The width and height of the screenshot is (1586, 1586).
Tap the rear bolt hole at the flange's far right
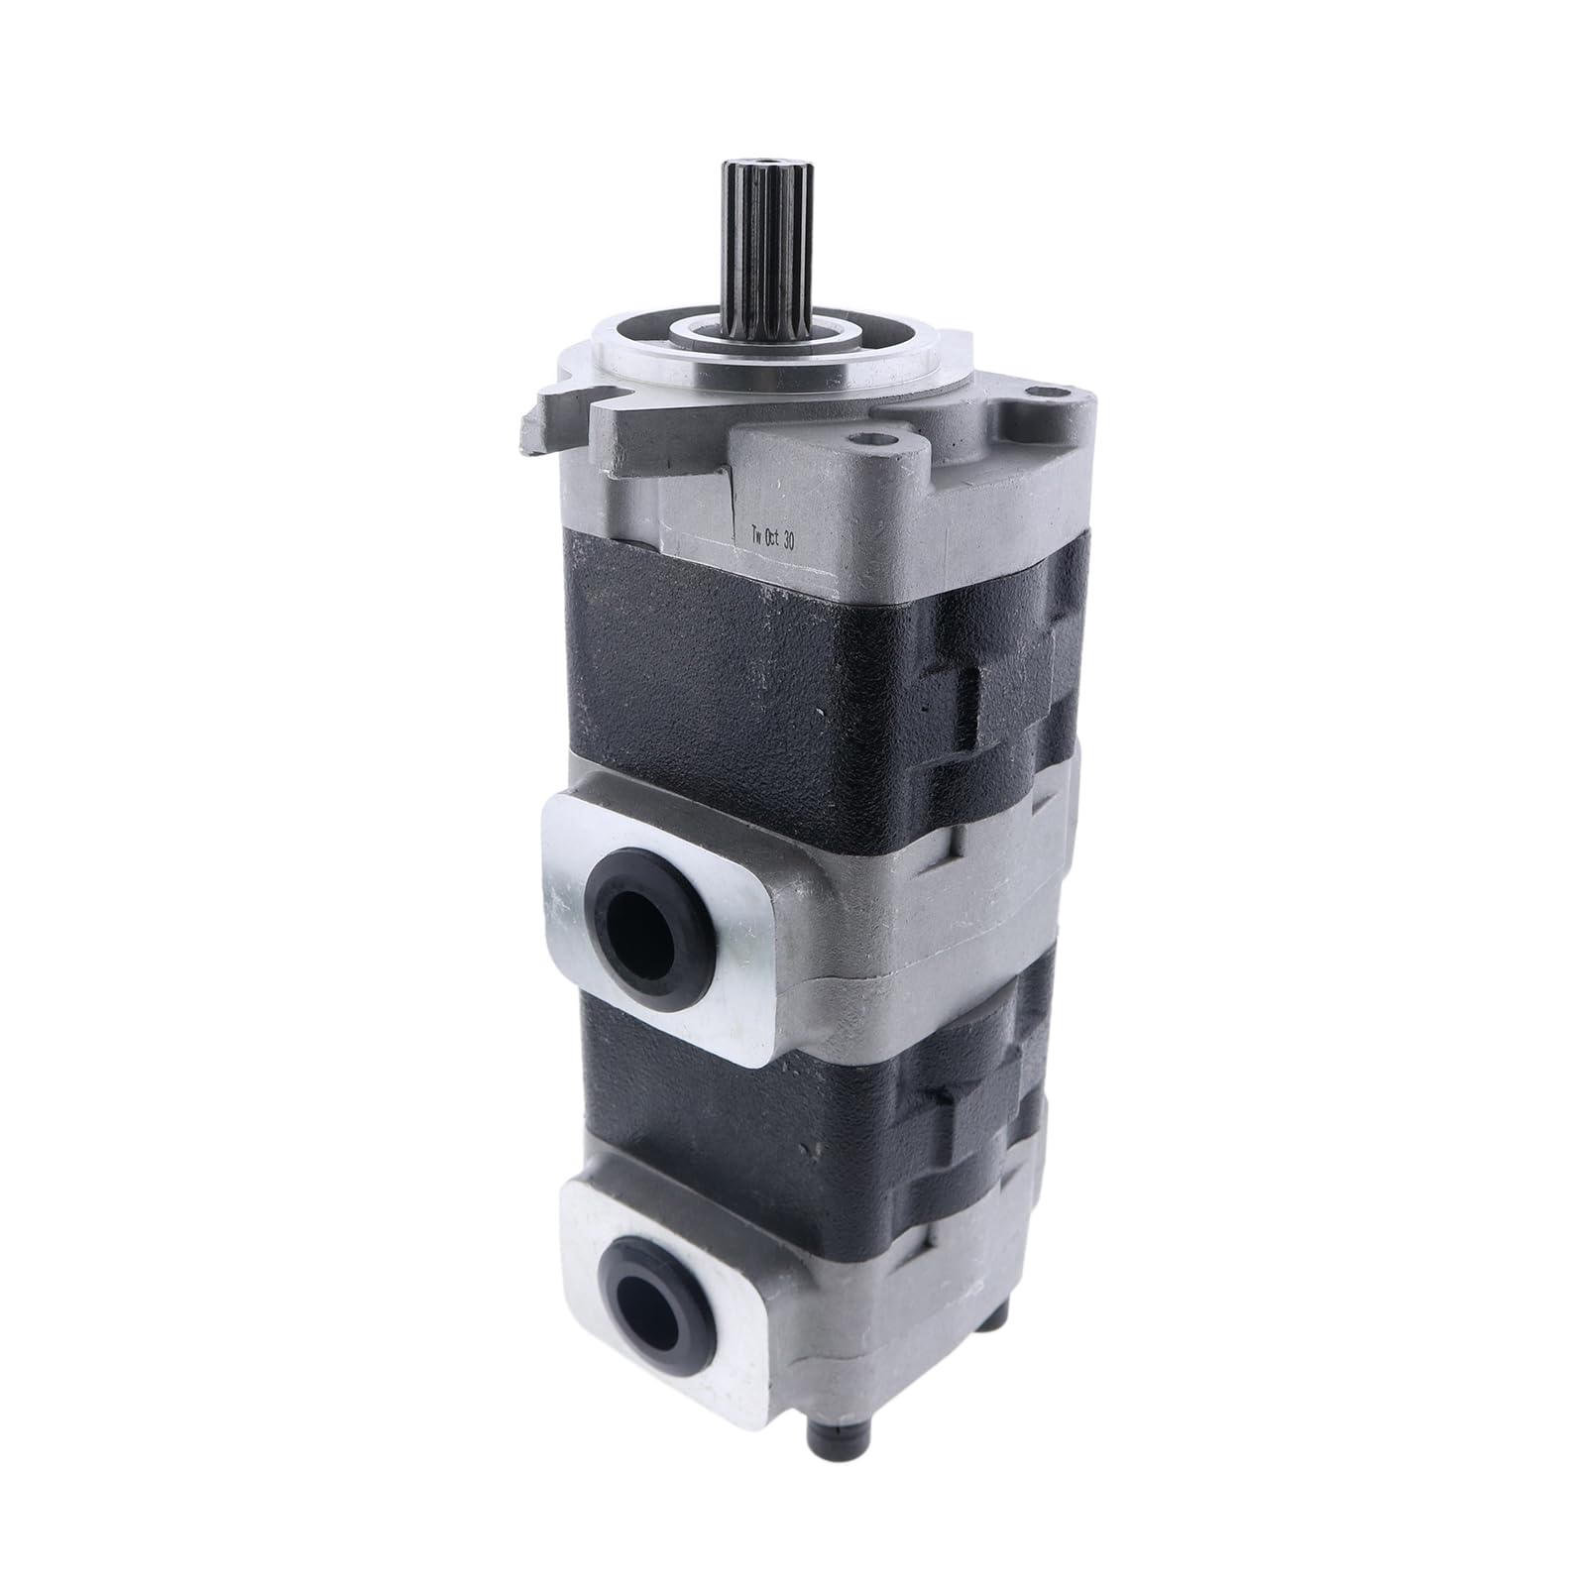(1035, 398)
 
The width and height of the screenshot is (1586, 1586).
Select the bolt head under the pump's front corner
(831, 1468)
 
